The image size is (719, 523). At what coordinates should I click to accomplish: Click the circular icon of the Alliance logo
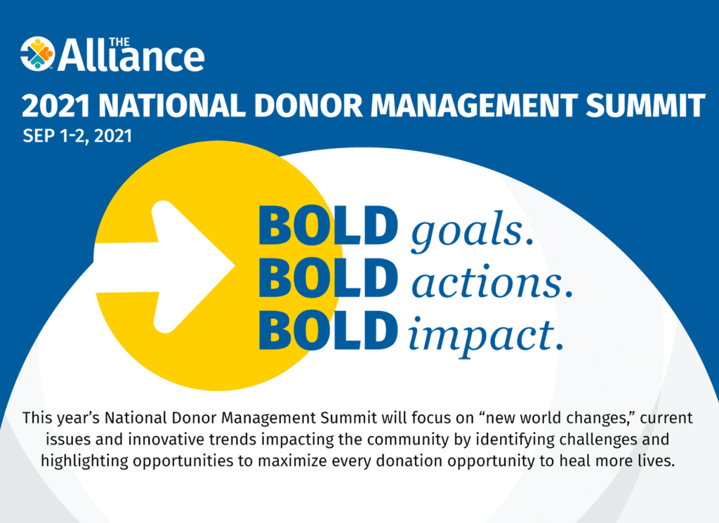pyautogui.click(x=37, y=54)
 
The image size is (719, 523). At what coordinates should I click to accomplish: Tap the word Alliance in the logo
pyautogui.click(x=131, y=56)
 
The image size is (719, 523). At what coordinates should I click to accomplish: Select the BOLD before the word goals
pyautogui.click(x=328, y=225)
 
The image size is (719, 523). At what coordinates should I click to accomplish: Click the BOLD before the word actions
pyautogui.click(x=328, y=278)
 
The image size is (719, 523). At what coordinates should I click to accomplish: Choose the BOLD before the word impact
pyautogui.click(x=328, y=330)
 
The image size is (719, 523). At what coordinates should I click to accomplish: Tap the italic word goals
pyautogui.click(x=471, y=232)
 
